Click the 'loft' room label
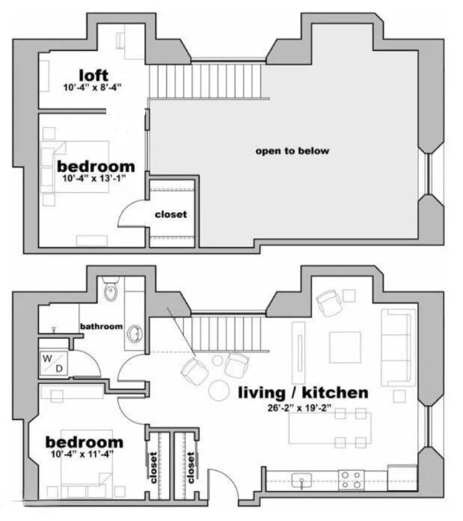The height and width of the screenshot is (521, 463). click(93, 75)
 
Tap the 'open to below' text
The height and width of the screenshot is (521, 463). click(292, 151)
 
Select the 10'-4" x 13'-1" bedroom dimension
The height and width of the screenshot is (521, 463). click(94, 179)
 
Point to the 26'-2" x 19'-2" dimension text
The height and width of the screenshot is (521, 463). click(299, 407)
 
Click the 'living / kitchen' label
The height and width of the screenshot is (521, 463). click(303, 392)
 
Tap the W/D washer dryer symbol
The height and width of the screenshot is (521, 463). click(54, 363)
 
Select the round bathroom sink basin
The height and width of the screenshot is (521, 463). click(135, 334)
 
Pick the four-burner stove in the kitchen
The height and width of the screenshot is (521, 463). click(352, 480)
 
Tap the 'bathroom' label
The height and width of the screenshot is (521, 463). click(102, 327)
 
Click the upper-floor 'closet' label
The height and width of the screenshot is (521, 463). click(171, 215)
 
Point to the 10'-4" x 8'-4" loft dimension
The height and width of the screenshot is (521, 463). click(93, 87)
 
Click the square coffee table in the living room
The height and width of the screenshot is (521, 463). click(345, 348)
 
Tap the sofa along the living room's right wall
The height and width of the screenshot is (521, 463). click(398, 348)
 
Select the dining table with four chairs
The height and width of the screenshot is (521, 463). click(330, 428)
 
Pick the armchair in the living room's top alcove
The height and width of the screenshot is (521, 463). click(329, 303)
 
